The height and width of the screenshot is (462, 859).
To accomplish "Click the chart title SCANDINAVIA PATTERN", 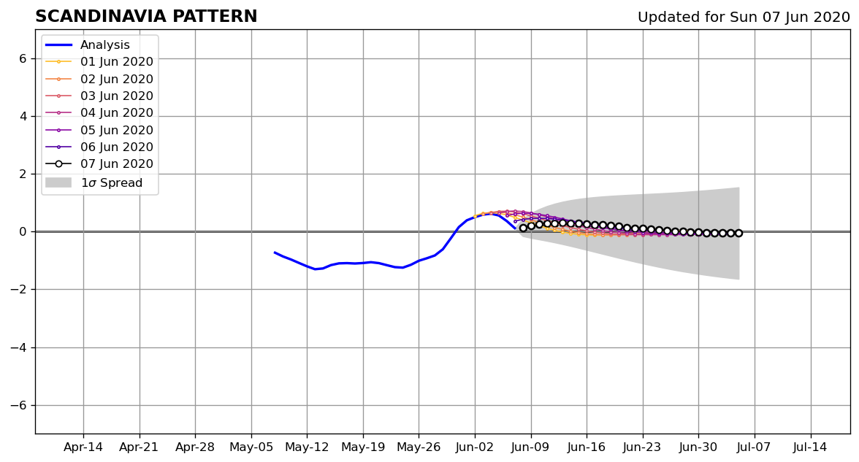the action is click(146, 16).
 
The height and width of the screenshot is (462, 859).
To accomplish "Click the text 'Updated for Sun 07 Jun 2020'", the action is click(744, 17).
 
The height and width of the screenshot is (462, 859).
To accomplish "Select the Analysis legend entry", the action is click(88, 45).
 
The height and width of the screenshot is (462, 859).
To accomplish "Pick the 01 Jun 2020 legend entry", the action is click(99, 62).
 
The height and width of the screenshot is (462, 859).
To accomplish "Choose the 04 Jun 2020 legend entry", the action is click(99, 112).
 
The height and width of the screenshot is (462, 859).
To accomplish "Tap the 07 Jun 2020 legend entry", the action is click(99, 163).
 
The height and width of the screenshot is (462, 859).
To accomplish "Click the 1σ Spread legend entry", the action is click(93, 182).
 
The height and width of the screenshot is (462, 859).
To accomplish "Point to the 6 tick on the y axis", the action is click(23, 58).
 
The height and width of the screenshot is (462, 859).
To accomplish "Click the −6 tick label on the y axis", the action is click(19, 405).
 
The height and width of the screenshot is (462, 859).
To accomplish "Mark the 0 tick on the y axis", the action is click(23, 231).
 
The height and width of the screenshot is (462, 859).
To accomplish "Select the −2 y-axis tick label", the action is click(19, 290).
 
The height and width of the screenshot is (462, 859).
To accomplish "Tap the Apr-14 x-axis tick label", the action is click(83, 447).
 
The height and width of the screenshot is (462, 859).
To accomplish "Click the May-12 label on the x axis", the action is click(307, 447).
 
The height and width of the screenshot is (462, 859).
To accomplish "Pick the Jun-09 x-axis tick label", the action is click(531, 447).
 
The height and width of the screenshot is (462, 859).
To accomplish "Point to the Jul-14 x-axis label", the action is click(810, 447).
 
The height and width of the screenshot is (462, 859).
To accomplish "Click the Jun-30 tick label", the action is click(698, 447).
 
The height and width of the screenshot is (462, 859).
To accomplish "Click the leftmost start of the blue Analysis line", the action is click(275, 253).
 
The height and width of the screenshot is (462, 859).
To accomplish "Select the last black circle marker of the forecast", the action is click(738, 234).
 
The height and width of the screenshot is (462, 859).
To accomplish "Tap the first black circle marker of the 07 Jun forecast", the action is click(523, 228).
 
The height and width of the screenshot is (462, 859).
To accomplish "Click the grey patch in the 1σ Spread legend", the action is click(58, 182).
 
